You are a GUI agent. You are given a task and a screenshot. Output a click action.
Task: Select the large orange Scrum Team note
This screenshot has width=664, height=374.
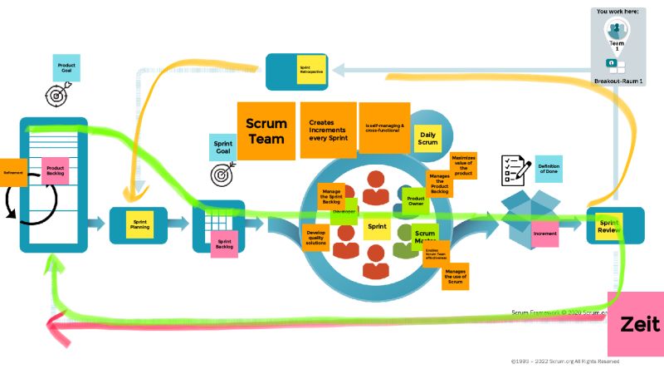click(266, 130)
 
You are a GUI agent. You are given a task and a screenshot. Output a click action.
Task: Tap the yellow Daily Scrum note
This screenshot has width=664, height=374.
click(427, 139)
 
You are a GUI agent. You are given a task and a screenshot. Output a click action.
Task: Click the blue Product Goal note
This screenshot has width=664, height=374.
click(66, 67)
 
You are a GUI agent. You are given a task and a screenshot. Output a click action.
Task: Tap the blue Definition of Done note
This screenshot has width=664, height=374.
click(549, 169)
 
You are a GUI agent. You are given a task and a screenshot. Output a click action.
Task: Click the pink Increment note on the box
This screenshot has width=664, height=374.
click(544, 234)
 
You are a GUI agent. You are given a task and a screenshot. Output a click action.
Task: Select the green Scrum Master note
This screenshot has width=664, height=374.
click(425, 237)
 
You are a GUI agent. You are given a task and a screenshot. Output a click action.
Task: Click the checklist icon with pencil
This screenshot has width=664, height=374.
click(512, 170)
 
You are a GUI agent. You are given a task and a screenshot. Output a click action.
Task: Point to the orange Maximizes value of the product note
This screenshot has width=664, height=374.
click(462, 164)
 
